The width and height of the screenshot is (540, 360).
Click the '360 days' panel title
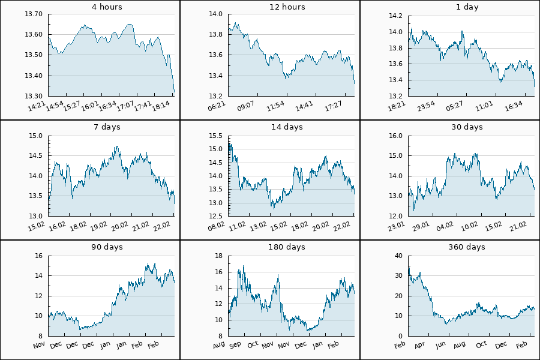[x=467, y=247]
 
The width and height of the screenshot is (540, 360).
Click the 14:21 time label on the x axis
[x=38, y=106]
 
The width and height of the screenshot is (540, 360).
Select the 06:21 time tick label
[x=217, y=106]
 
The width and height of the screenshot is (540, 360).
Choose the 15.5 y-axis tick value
[x=217, y=136]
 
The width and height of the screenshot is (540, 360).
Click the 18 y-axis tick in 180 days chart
[x=219, y=256]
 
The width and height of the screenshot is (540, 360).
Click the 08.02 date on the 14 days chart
[x=217, y=226]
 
